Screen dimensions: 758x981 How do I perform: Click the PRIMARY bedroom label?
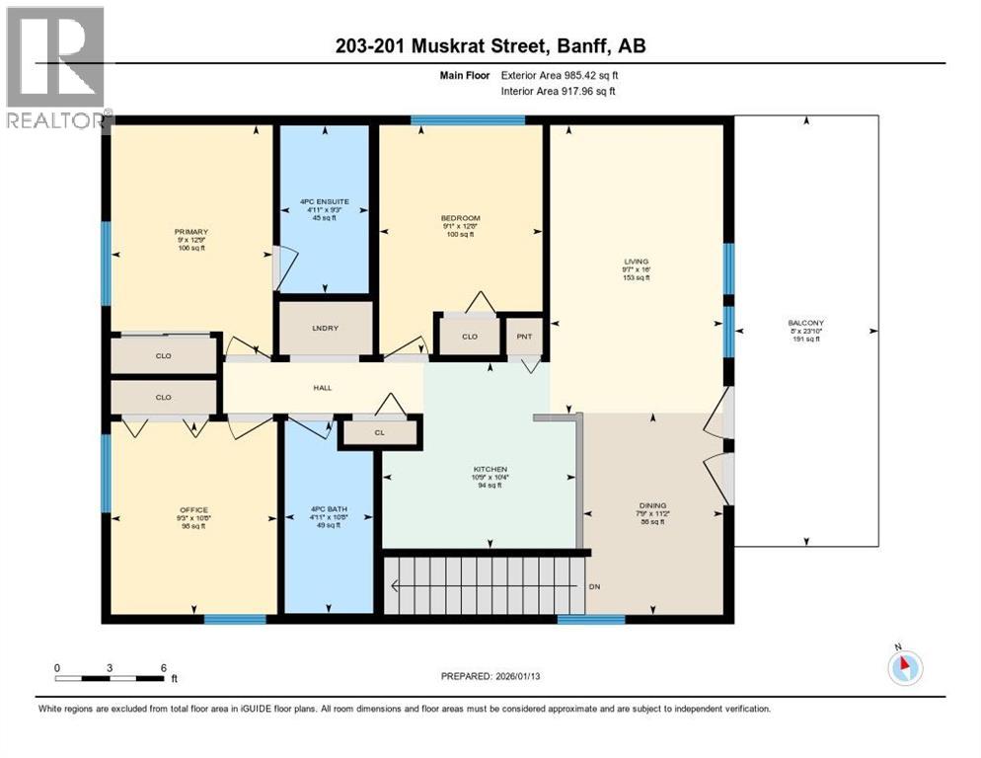(190, 233)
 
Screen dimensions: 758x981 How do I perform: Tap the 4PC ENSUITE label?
(325, 203)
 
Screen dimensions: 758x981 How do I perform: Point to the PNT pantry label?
(524, 337)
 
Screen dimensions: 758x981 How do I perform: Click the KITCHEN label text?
(490, 470)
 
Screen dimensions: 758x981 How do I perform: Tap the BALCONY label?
(805, 323)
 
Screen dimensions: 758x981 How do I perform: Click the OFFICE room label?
(192, 510)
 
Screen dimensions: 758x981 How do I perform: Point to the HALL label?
(322, 388)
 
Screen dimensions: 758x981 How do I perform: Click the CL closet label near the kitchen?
(379, 432)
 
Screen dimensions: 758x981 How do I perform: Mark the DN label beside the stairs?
(595, 586)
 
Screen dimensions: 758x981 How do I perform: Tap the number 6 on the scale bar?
(163, 667)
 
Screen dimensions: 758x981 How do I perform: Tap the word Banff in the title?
(586, 46)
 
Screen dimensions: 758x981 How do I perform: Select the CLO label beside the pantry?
(469, 337)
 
